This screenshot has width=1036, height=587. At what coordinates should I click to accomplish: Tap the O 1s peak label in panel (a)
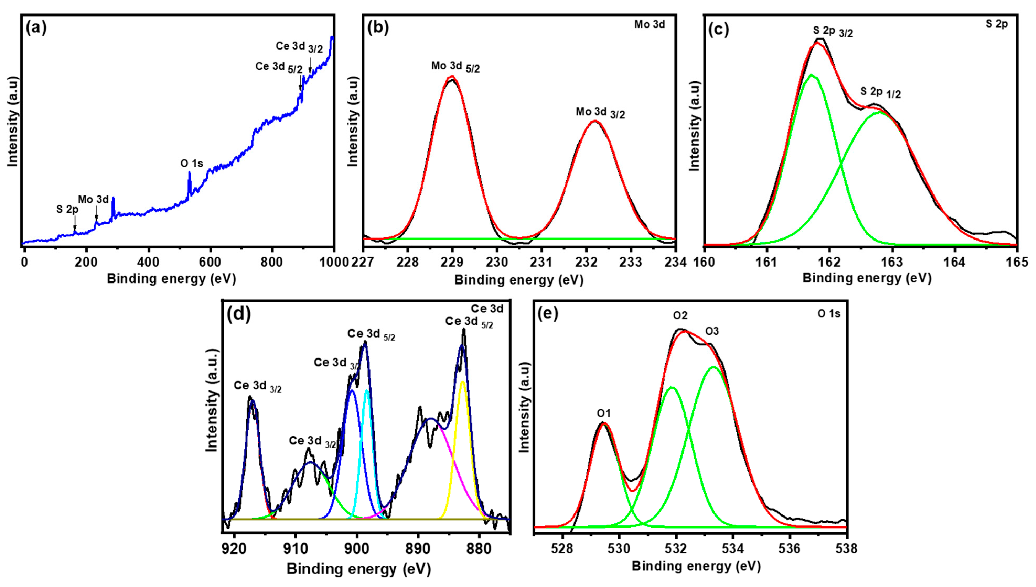point(192,163)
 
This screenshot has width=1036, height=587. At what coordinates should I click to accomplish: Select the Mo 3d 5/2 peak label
point(455,67)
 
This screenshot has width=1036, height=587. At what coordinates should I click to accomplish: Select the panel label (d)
point(239,314)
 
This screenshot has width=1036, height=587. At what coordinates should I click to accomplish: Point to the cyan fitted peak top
point(367,390)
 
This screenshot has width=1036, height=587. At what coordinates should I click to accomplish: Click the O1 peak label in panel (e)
point(604,413)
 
